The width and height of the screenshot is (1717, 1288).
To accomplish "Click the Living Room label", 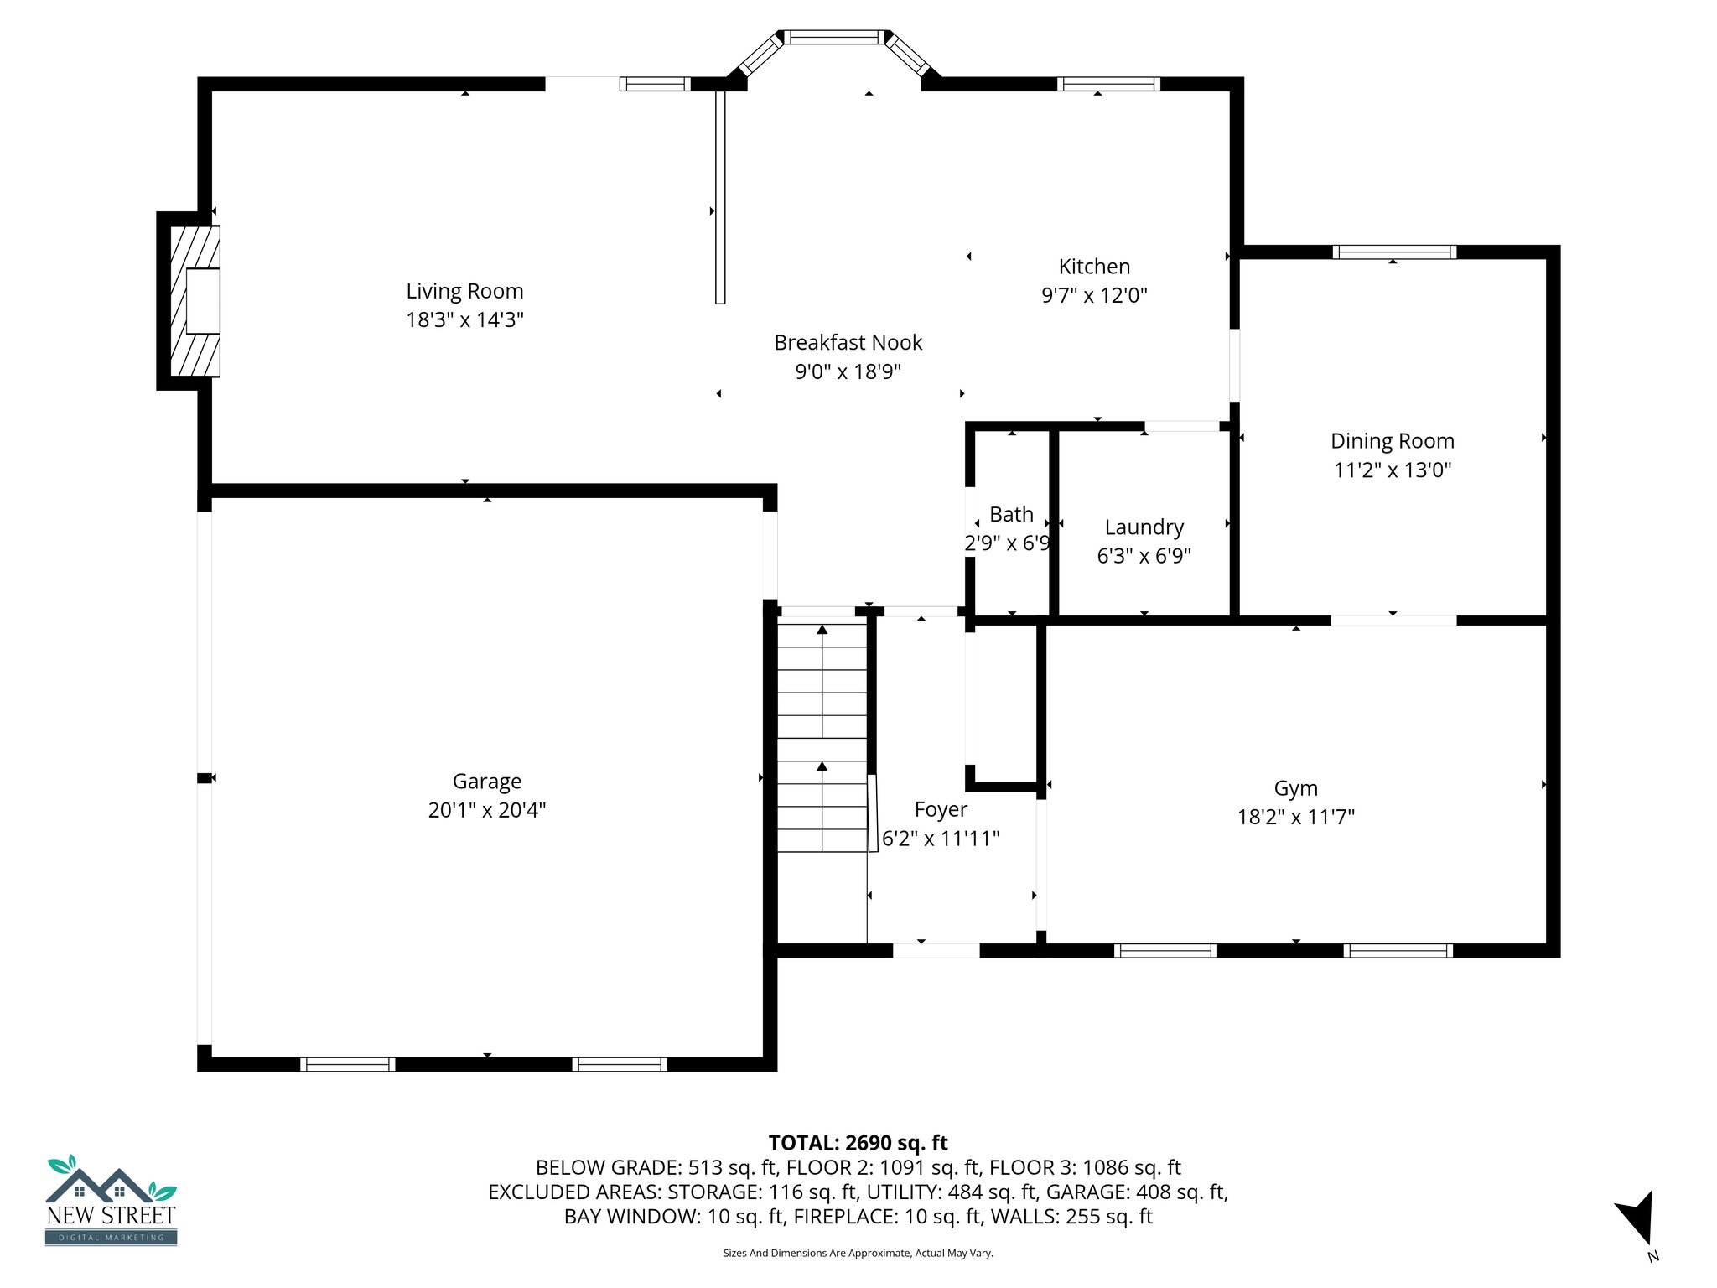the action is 464,291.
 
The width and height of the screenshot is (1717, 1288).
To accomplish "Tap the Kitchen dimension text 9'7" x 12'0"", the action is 1094,295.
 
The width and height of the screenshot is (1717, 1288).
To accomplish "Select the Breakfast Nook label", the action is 848,342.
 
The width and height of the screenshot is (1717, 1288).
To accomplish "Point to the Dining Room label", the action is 1393,441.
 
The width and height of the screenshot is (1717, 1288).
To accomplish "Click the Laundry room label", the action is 1144,527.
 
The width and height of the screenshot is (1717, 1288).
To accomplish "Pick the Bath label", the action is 1011,514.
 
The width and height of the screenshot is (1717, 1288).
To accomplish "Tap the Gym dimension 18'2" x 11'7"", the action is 1296,817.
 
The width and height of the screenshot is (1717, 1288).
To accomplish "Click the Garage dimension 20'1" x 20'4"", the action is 487,810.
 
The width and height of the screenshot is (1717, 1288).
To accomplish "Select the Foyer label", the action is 941,809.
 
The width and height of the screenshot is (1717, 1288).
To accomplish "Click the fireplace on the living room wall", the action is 191,301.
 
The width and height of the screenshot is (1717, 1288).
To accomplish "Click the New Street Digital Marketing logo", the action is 111,1200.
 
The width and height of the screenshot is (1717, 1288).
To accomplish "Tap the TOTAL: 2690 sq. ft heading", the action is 858,1143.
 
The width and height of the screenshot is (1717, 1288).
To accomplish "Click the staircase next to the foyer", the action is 822,736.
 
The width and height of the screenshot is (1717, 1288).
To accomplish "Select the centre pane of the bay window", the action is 834,37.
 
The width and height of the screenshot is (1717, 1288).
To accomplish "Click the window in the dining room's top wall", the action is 1394,252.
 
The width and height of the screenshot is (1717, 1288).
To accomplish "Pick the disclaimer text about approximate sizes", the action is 858,1253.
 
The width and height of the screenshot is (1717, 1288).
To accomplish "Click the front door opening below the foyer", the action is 936,950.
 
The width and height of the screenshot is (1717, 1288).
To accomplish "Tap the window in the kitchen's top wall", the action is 1108,84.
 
